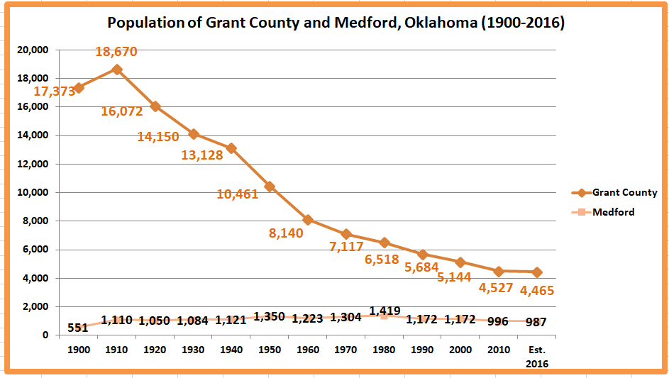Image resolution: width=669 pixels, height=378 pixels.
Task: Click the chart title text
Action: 336,23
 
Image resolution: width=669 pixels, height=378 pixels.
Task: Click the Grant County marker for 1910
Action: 117,70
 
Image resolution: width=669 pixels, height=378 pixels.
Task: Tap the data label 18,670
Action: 116,52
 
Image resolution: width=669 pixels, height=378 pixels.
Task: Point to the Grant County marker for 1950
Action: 270,187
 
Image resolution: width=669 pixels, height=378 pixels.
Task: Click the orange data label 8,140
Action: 286,233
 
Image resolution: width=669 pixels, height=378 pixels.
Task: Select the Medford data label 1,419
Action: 385,311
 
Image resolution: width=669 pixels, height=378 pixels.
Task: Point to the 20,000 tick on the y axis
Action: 33,50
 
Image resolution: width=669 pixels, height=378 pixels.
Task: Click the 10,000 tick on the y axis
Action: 33,193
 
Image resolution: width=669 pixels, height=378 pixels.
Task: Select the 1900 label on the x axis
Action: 78,350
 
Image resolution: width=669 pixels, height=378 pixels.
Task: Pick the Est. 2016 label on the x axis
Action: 536,356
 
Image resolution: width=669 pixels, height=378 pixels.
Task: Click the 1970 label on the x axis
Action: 346,350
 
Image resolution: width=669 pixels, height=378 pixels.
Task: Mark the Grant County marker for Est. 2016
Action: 536,272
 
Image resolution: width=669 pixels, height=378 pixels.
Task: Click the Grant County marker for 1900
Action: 79,88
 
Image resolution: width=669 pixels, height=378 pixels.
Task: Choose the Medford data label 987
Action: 536,322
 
